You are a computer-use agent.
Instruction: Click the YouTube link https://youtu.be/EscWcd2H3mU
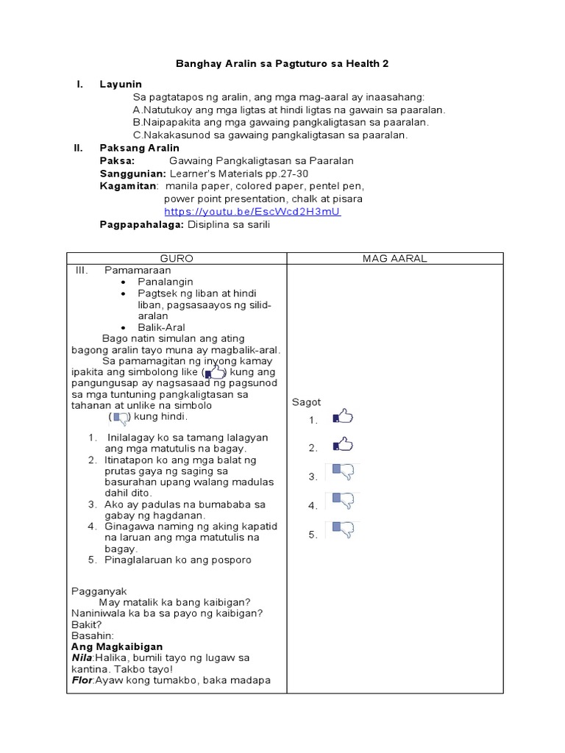(252, 212)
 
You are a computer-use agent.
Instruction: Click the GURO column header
(177, 258)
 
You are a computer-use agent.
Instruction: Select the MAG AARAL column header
(394, 258)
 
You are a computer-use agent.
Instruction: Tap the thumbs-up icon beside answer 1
(343, 417)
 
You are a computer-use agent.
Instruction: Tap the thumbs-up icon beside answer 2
(343, 444)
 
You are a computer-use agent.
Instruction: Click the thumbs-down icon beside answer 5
(343, 530)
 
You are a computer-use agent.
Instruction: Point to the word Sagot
(306, 402)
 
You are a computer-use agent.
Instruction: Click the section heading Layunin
(121, 85)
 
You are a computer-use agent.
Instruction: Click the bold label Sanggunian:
(133, 174)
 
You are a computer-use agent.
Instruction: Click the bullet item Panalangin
(166, 282)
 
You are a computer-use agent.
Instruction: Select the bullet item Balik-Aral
(161, 327)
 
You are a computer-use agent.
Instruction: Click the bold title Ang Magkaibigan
(117, 646)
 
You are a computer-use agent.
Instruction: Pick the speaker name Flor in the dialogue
(82, 680)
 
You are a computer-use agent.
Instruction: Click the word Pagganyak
(99, 591)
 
